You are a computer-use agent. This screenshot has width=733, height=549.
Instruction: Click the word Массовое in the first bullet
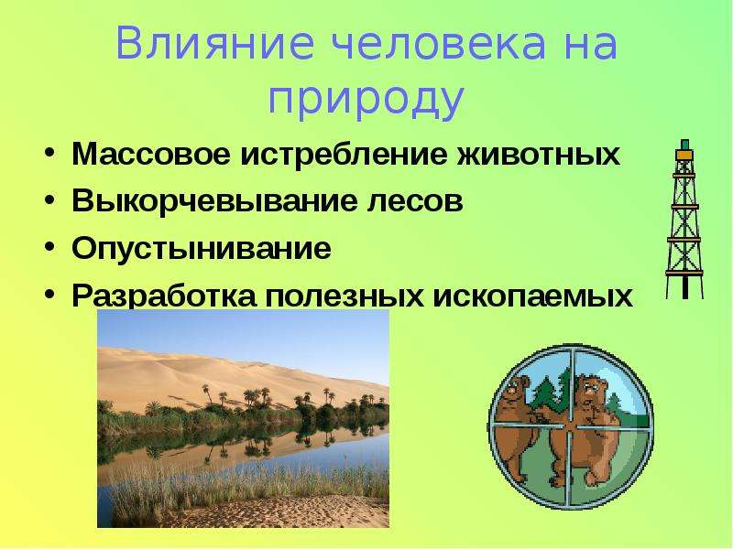click(151, 154)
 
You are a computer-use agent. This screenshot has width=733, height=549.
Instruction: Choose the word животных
click(538, 154)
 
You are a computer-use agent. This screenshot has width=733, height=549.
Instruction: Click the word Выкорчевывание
click(214, 200)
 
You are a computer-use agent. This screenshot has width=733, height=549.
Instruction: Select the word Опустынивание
click(202, 248)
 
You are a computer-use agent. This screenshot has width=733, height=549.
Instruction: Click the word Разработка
click(164, 295)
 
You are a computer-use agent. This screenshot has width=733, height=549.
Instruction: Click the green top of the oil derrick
click(684, 145)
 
